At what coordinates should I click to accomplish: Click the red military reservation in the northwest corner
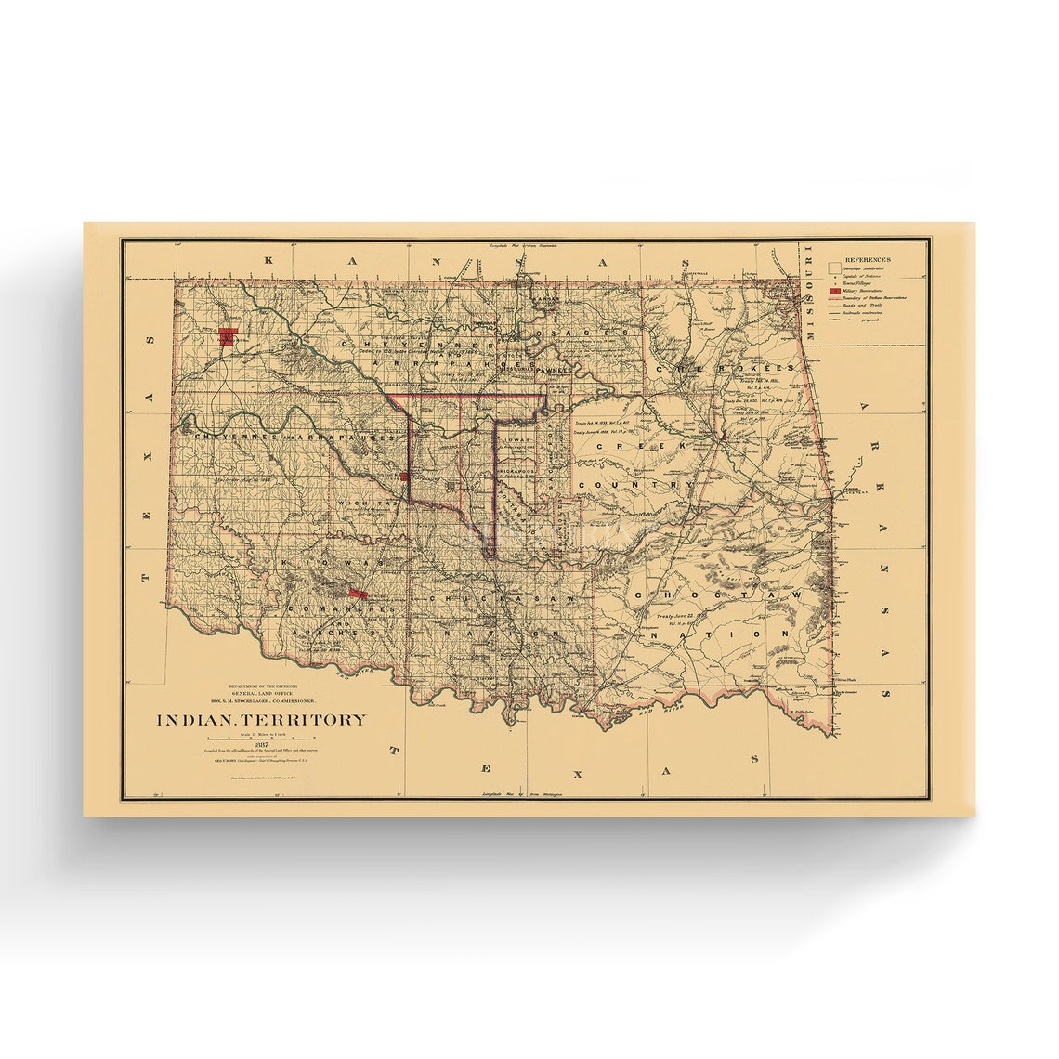click(x=228, y=336)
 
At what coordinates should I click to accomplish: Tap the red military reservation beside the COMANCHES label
click(x=356, y=593)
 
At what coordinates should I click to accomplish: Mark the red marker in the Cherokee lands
click(x=722, y=435)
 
